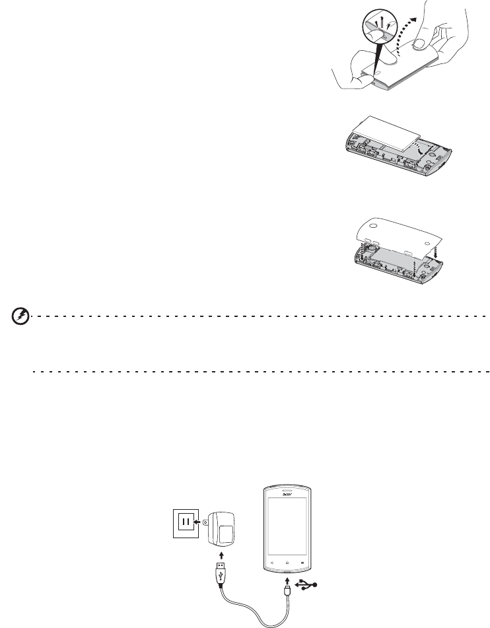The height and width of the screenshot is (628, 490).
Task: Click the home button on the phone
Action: click(x=287, y=543)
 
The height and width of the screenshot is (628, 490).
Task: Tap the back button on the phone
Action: click(x=270, y=543)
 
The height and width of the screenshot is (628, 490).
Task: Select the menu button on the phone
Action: click(x=304, y=543)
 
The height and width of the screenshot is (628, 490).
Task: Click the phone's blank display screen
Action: click(x=287, y=518)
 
